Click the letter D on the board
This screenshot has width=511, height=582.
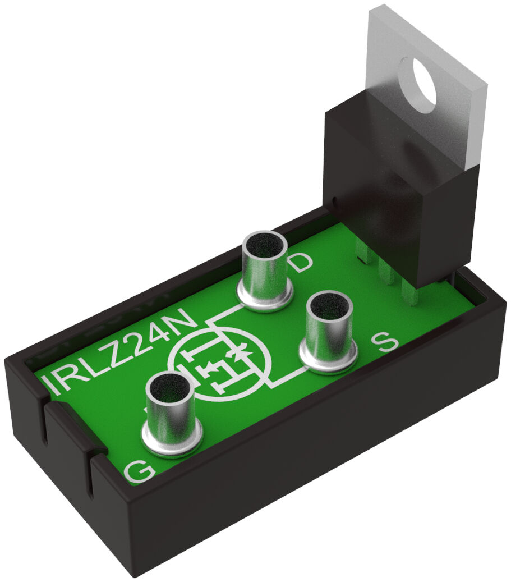point(302,262)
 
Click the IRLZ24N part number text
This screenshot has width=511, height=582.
point(121,354)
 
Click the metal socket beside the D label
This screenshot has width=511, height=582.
point(265,270)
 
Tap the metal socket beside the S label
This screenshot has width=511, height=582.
point(330,331)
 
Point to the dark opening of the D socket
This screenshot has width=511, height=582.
point(264,244)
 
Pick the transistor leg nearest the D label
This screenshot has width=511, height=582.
point(365,255)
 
